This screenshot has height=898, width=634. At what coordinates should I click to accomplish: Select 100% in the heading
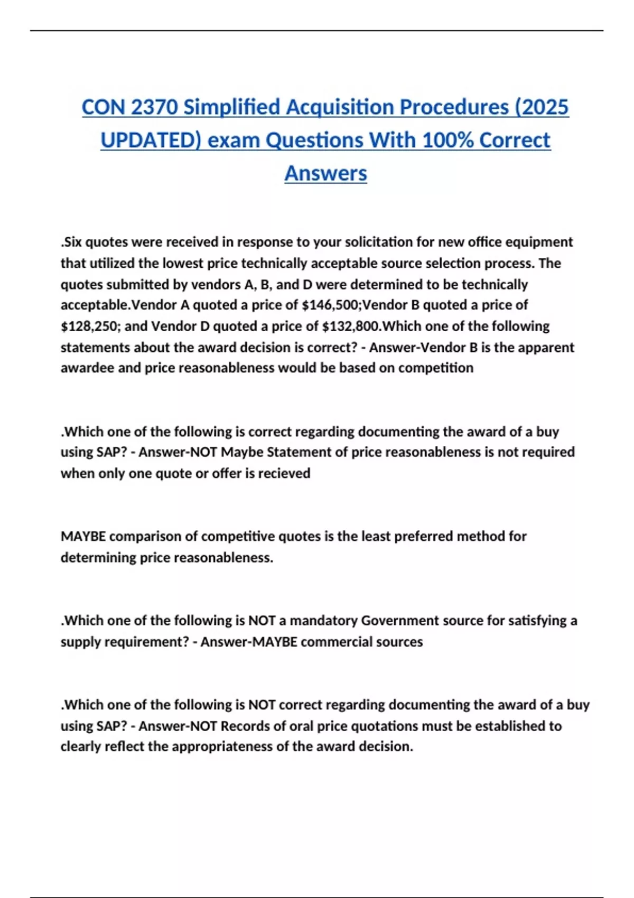click(x=449, y=141)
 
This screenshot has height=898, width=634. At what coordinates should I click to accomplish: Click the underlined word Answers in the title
click(x=325, y=173)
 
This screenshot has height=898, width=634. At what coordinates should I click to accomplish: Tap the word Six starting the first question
click(x=72, y=242)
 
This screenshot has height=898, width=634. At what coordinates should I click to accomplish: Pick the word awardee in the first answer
click(x=87, y=368)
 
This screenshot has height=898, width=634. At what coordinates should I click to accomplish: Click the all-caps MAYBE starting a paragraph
click(x=83, y=536)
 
